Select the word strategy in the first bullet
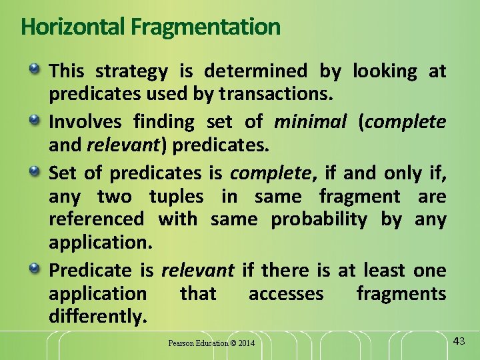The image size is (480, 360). pos(135,71)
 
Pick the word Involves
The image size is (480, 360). pos(85,122)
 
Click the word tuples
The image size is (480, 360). pos(176,197)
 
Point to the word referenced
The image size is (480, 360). pos(96,219)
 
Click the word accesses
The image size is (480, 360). pos(286,293)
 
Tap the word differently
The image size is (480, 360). pos(97,317)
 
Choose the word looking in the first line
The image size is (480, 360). pos(385,71)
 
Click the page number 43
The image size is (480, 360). pos(459,342)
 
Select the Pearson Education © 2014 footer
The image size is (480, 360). pos(211,343)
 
